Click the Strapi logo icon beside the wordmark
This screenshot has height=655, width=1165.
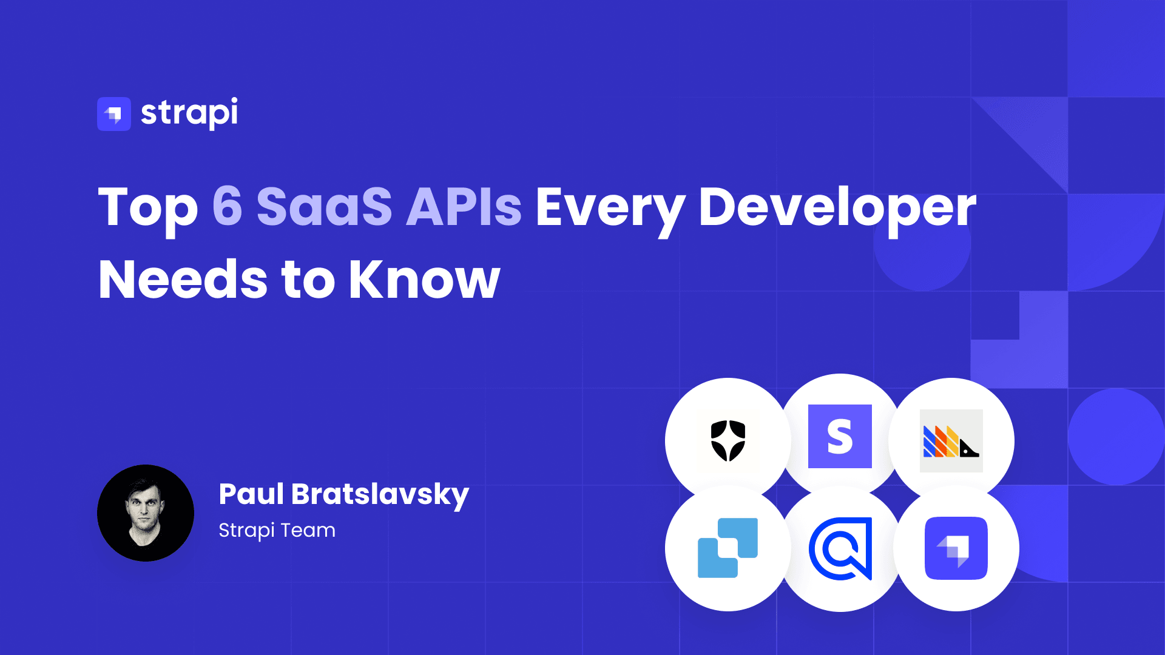pyautogui.click(x=113, y=113)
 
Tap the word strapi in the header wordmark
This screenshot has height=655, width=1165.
pyautogui.click(x=189, y=113)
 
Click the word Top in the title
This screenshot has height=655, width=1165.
pyautogui.click(x=148, y=207)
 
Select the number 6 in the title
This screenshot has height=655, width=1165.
pyautogui.click(x=227, y=206)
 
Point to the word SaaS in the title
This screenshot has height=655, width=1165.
pyautogui.click(x=325, y=206)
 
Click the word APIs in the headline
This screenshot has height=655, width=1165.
pyautogui.click(x=464, y=206)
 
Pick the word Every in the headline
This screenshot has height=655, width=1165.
pyautogui.click(x=610, y=207)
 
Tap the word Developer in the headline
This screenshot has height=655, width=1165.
pyautogui.click(x=837, y=207)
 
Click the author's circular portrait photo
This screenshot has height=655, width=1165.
pyautogui.click(x=146, y=513)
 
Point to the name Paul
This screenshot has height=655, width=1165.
pyautogui.click(x=251, y=494)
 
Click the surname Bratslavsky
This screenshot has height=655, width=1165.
pyautogui.click(x=380, y=495)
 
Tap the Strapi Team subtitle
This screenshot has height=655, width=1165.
pyautogui.click(x=277, y=530)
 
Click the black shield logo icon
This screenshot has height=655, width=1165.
pyautogui.click(x=728, y=440)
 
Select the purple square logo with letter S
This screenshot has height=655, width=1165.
pyautogui.click(x=840, y=436)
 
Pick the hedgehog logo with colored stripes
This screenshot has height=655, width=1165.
pyautogui.click(x=951, y=441)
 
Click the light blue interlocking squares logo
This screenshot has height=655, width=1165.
pyautogui.click(x=728, y=548)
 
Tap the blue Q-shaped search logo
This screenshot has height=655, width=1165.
pyautogui.click(x=840, y=548)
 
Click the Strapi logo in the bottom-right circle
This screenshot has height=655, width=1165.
pyautogui.click(x=956, y=548)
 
